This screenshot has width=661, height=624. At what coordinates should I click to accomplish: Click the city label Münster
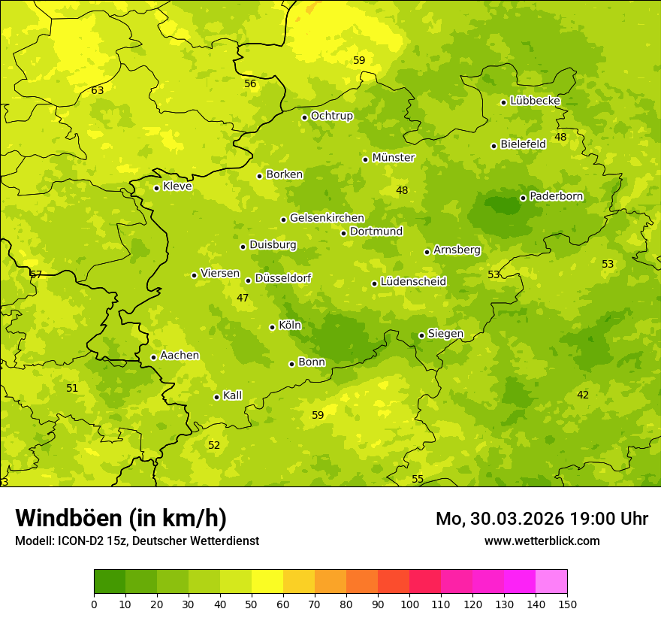(x=394, y=158)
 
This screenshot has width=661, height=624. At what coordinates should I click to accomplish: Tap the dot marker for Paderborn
(x=523, y=198)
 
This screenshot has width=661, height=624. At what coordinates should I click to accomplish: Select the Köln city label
(x=290, y=326)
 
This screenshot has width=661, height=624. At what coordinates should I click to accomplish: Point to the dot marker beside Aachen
(x=153, y=357)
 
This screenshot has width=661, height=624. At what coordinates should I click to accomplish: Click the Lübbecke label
(x=535, y=101)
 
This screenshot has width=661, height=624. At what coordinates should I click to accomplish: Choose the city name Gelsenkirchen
(x=327, y=218)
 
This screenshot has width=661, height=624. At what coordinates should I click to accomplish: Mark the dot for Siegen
(x=421, y=335)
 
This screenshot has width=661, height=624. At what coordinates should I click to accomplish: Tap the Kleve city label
(x=177, y=186)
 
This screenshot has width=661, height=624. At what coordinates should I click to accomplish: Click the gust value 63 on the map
(x=98, y=91)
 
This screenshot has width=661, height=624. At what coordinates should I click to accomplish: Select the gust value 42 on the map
(x=583, y=395)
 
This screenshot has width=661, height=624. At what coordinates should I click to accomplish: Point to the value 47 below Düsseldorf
(x=243, y=298)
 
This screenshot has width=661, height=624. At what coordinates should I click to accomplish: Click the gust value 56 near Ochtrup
(x=250, y=84)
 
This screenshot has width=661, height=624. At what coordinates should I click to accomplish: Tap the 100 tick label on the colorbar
(x=409, y=604)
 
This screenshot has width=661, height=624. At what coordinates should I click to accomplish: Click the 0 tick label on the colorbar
(x=94, y=604)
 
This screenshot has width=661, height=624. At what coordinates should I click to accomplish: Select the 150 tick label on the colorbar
(x=567, y=604)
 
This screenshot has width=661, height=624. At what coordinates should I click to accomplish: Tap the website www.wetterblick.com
(x=542, y=541)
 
